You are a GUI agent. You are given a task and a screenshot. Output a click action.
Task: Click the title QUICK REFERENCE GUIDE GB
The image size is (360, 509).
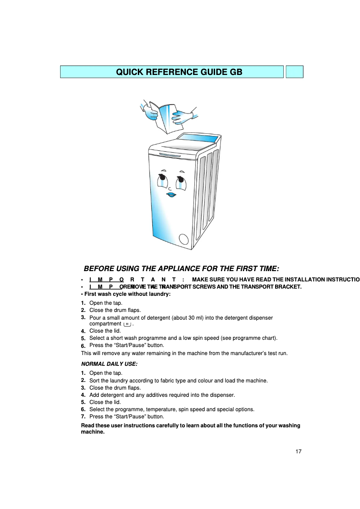[179, 72]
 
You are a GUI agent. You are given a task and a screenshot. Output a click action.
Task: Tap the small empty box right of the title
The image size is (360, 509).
[294, 72]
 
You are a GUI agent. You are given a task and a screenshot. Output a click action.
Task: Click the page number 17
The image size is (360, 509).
[299, 451]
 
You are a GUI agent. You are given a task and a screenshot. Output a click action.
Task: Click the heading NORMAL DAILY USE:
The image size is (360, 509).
[109, 364]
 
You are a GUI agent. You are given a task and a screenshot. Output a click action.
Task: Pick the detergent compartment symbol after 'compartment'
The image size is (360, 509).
[127, 324]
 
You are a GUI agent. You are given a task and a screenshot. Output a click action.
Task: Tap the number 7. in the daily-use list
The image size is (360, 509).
[83, 417]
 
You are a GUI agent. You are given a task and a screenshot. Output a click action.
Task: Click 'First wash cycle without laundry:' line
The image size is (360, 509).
[127, 294]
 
